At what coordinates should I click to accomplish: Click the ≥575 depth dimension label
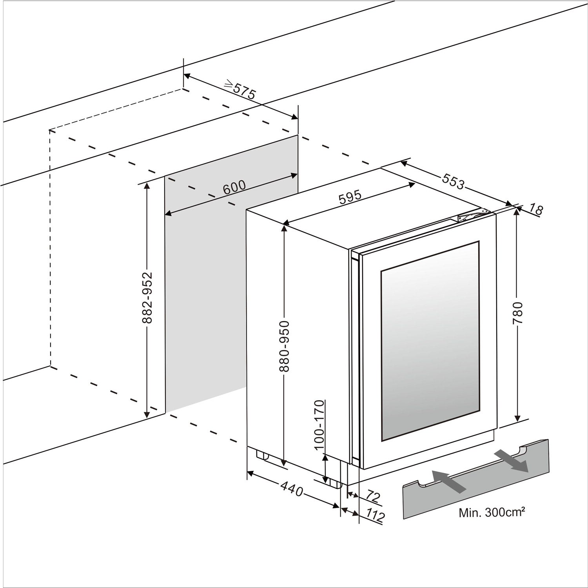point(240,89)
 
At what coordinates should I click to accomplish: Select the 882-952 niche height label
point(147,298)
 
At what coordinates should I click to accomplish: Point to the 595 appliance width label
point(350,197)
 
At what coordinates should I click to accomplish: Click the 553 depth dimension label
point(453,181)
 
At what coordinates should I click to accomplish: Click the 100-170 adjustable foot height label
point(319,425)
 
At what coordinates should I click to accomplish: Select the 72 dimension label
point(373,497)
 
